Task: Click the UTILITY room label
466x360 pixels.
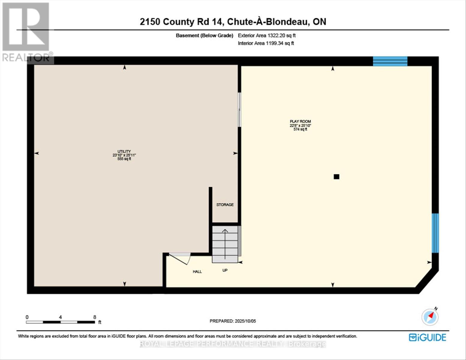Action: pos(124,151)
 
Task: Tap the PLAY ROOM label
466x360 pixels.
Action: pos(300,121)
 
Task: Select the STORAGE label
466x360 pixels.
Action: pos(225,205)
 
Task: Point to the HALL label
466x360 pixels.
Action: pos(197,271)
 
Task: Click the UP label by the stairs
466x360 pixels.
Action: pos(225,270)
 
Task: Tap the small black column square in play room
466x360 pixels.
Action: pos(336,177)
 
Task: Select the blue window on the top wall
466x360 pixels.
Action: pos(390,61)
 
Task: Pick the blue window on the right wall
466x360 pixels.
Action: pos(435,233)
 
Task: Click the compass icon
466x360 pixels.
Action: pos(430,317)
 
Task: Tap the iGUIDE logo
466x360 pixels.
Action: pos(427,337)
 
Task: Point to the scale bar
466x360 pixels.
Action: pos(60,322)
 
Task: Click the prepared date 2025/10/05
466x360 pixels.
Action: pos(233,321)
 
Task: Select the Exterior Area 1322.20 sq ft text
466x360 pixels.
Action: pos(267,35)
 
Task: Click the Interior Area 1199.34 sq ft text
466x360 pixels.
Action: pos(266,43)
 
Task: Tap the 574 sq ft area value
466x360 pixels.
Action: pos(300,129)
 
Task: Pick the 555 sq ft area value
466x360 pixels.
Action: pos(124,159)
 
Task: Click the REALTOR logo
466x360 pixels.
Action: pos(26,32)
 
